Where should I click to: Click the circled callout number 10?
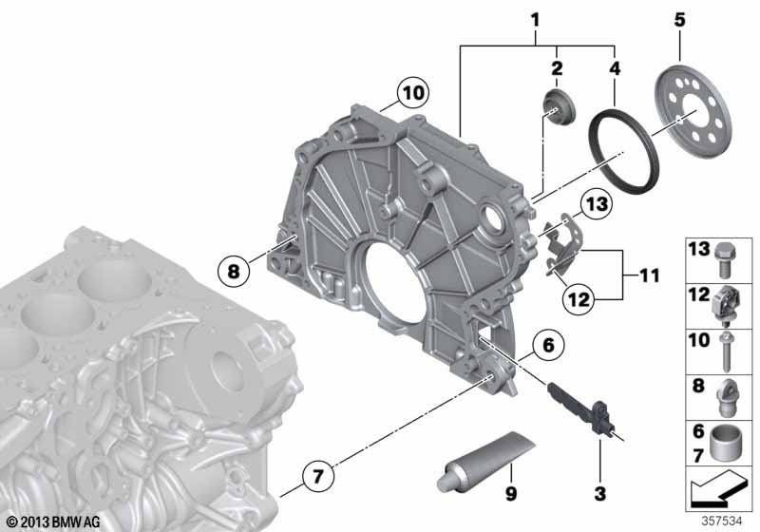coord(413,92)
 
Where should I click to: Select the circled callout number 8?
coord(234,271)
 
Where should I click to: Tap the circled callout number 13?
coord(597,204)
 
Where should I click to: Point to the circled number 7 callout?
coord(317,476)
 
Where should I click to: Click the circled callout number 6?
coord(548,346)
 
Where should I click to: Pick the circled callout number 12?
coord(579,299)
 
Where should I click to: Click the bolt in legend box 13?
coord(724,259)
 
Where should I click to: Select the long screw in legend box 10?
coord(725,351)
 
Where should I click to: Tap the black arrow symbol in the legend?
coord(716,492)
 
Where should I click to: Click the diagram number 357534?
coord(722,521)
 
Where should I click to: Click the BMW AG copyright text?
coord(53,522)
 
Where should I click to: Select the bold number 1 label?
coord(535,20)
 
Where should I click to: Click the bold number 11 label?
coord(649,275)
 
